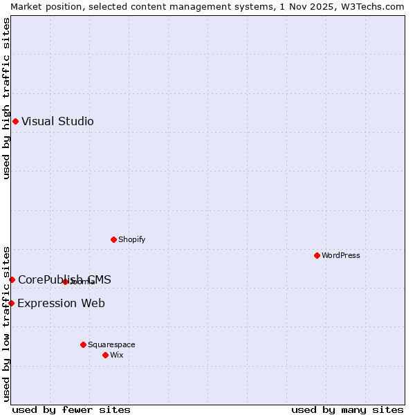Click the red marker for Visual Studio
click(15, 122)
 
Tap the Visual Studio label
click(57, 122)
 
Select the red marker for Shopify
click(113, 240)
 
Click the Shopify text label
click(131, 240)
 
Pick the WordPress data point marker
click(317, 256)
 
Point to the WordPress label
click(340, 256)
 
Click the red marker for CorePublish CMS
click(12, 280)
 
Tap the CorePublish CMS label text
click(64, 280)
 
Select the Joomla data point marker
click(65, 282)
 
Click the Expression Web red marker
click(11, 304)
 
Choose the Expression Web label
click(61, 304)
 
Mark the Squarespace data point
click(83, 345)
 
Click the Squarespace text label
click(111, 345)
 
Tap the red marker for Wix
click(105, 356)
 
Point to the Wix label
click(116, 356)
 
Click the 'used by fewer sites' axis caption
click(71, 410)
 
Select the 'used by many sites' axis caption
click(347, 410)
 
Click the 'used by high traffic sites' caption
click(6, 98)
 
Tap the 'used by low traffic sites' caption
click(6, 323)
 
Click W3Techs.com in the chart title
click(370, 6)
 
